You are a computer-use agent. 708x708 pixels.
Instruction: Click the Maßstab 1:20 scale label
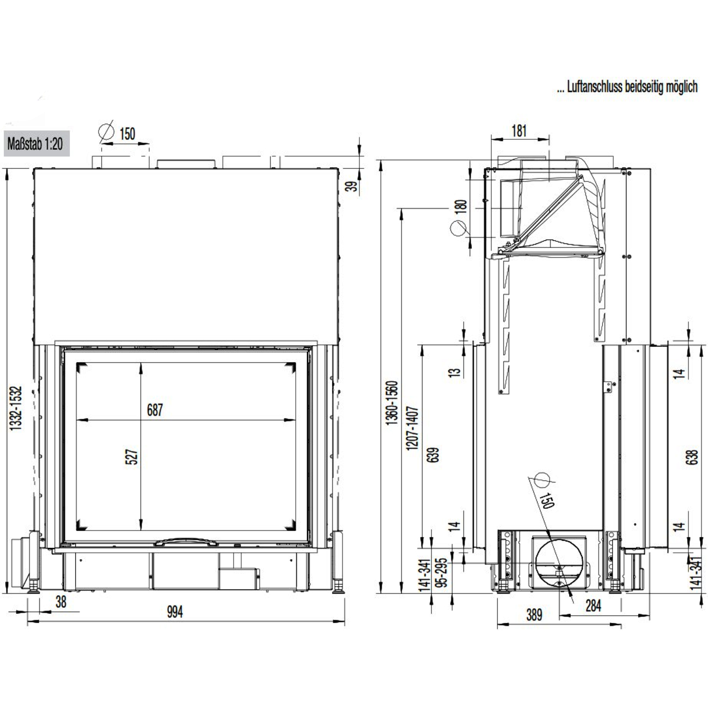click(35, 144)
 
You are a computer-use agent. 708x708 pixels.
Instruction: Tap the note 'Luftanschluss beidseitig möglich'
click(627, 87)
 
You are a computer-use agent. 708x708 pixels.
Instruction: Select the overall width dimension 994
click(174, 612)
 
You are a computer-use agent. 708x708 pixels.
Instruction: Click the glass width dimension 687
click(155, 410)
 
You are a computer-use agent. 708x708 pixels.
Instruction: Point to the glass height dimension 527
click(132, 456)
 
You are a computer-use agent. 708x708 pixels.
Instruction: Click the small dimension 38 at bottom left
click(61, 601)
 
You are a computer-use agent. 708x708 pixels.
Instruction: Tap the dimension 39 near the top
click(353, 185)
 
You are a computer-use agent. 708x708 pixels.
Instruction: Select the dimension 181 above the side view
click(519, 131)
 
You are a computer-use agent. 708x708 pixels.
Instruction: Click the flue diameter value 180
click(462, 206)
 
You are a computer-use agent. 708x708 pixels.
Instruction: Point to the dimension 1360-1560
click(392, 403)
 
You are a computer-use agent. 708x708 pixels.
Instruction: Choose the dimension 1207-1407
click(412, 428)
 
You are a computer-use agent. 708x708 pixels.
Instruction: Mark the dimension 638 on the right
click(692, 456)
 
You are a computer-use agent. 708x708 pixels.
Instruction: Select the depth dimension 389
click(534, 614)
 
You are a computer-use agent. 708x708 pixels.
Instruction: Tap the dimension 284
click(593, 605)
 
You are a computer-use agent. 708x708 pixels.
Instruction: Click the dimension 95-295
click(443, 571)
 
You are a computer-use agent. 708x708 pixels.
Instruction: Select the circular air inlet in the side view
click(560, 561)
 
